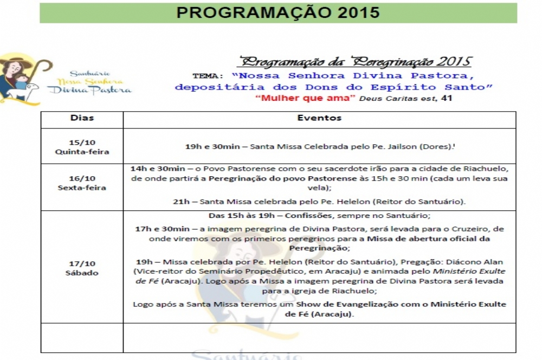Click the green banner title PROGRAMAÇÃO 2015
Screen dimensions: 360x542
click(x=278, y=12)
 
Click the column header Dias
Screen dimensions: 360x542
click(x=82, y=118)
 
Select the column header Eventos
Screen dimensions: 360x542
click(x=319, y=118)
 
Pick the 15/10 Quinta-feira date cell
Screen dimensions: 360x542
click(x=82, y=147)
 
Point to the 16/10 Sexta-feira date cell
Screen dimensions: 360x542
click(x=82, y=183)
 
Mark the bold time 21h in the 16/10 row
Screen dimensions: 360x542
click(x=181, y=202)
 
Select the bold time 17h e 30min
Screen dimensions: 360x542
click(x=162, y=229)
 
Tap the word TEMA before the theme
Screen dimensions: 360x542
click(x=207, y=76)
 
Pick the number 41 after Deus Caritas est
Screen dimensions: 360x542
click(x=447, y=98)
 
